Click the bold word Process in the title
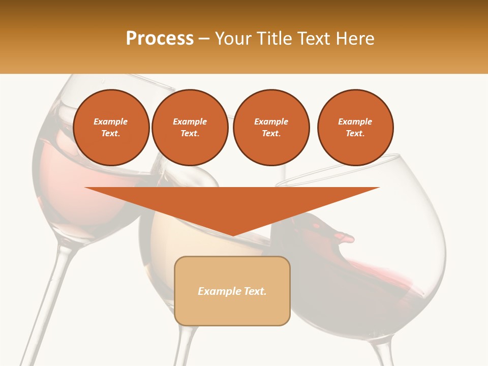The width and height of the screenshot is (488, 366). coord(160,39)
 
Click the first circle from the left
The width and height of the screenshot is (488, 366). coord(111,128)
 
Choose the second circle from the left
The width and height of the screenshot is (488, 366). coord(190,128)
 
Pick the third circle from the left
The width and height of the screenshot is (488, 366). coord(271,128)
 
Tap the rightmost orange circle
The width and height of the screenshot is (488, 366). coord(355,128)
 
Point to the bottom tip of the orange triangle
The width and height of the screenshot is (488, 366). coord(232,234)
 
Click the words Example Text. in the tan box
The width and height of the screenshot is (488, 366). coord(232,291)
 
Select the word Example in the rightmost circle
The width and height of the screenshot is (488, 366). coord(355,121)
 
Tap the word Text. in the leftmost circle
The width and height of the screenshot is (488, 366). coord(111,134)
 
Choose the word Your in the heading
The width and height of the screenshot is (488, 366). coord(232,39)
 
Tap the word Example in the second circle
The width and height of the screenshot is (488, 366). coord(190,121)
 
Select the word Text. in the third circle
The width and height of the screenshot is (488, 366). coord(271,134)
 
